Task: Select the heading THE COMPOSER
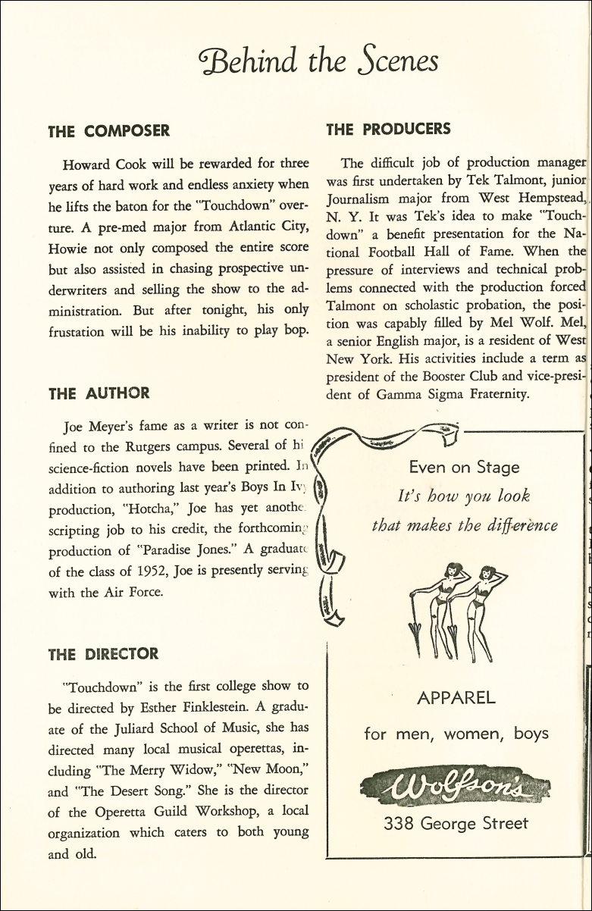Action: pyautogui.click(x=108, y=131)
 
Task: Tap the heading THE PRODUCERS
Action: pyautogui.click(x=388, y=129)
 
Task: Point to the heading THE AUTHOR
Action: pyautogui.click(x=99, y=393)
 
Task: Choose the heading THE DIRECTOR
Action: pyautogui.click(x=103, y=653)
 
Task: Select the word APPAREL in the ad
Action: pyautogui.click(x=456, y=697)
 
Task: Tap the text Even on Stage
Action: pyautogui.click(x=464, y=467)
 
